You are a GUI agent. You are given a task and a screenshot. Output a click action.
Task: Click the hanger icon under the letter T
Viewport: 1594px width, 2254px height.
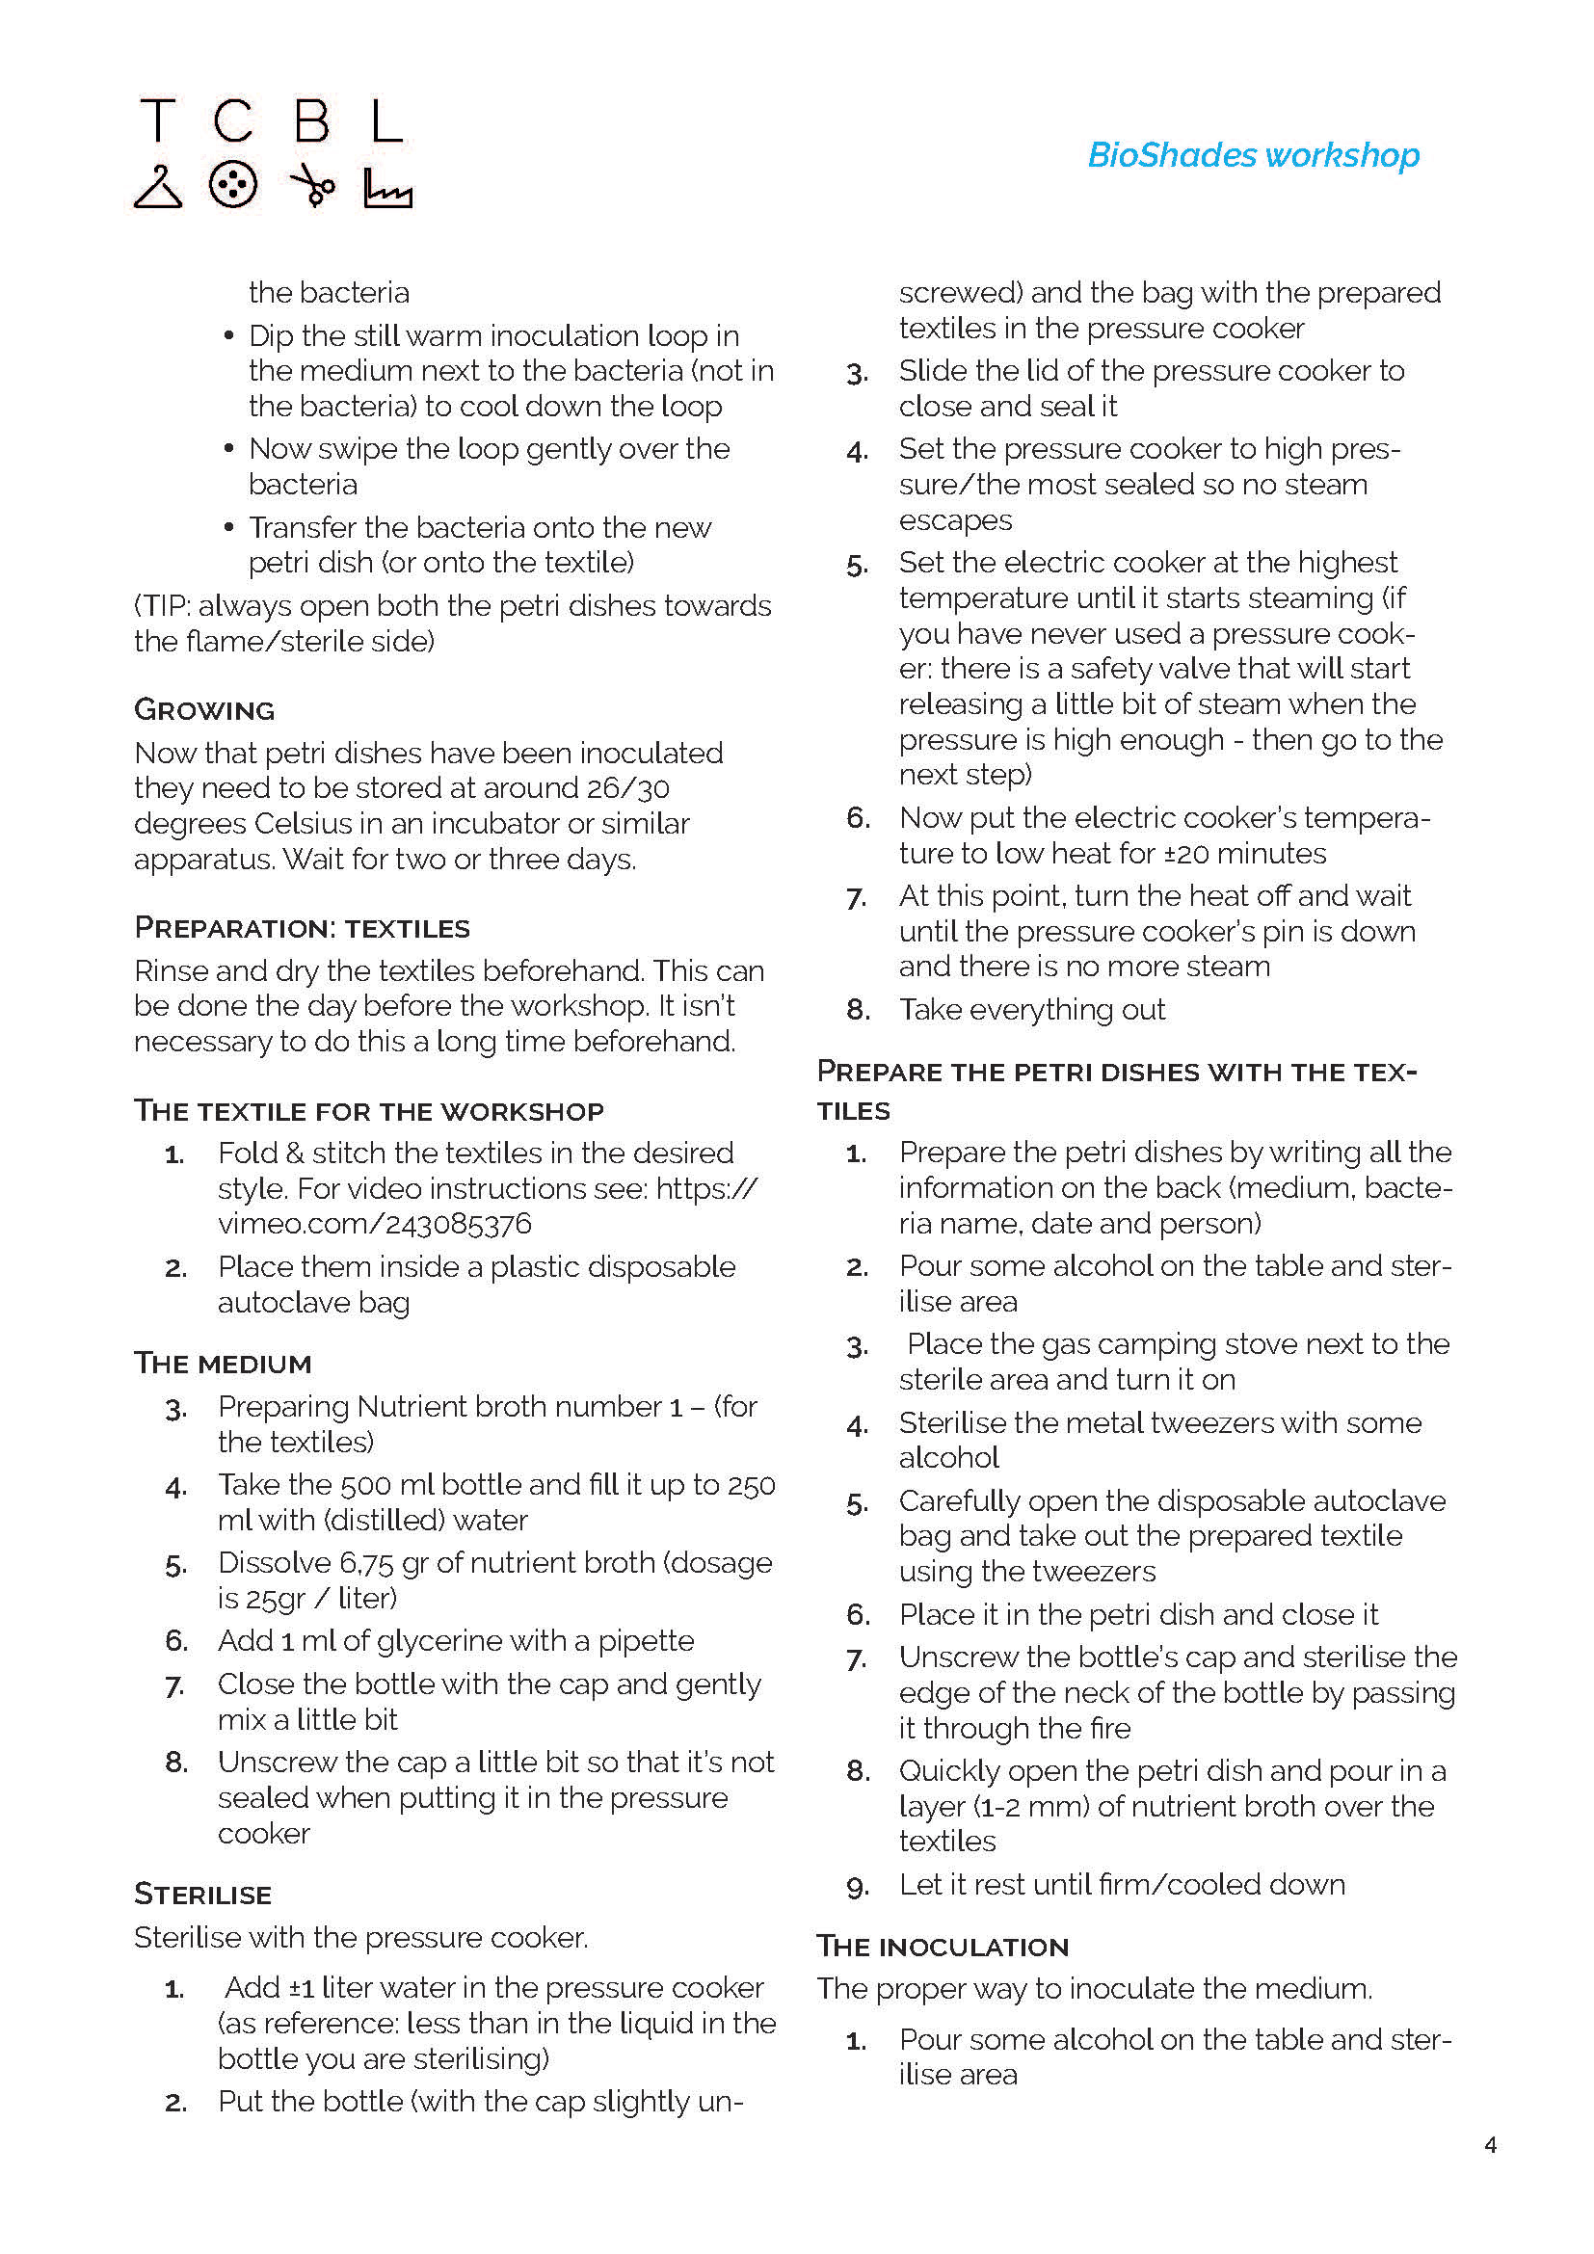pyautogui.click(x=158, y=187)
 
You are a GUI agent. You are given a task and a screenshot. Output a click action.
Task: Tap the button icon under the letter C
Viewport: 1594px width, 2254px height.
pyautogui.click(x=232, y=185)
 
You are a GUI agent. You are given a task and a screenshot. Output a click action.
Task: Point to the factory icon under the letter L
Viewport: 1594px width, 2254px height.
pyautogui.click(x=387, y=189)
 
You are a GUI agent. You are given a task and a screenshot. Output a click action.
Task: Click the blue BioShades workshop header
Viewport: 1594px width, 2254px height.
pyautogui.click(x=1254, y=155)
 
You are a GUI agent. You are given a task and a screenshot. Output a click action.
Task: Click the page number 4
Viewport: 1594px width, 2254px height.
pyautogui.click(x=1490, y=2145)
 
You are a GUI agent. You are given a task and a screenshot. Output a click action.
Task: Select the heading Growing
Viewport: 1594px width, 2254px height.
pyautogui.click(x=204, y=710)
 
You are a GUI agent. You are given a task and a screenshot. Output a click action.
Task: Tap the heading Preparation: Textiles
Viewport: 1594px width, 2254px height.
pyautogui.click(x=302, y=928)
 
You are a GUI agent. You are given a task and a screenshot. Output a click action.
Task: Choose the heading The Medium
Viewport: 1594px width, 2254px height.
pyautogui.click(x=223, y=1364)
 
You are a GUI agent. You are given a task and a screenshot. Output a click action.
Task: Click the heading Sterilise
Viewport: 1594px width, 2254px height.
pyautogui.click(x=202, y=1895)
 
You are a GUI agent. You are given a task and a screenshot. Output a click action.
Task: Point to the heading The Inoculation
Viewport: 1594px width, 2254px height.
pyautogui.click(x=943, y=1947)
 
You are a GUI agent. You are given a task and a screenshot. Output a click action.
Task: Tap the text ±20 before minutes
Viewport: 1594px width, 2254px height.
pyautogui.click(x=1188, y=854)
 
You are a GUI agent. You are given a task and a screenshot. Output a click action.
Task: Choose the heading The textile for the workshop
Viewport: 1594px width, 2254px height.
pyautogui.click(x=368, y=1111)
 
